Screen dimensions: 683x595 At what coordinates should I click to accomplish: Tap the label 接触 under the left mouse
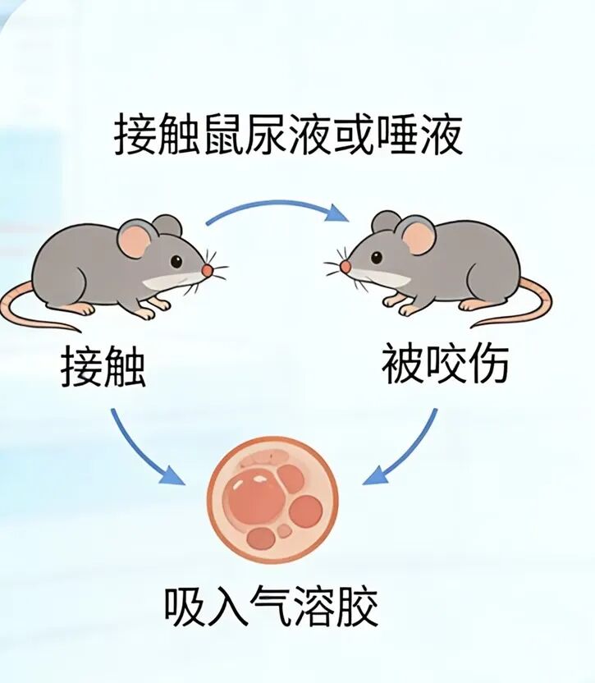click(x=103, y=366)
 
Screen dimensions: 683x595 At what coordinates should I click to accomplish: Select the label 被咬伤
click(x=445, y=364)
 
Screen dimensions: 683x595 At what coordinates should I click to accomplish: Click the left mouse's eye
click(x=176, y=262)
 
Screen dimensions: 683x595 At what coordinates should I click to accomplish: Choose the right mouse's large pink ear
click(x=419, y=237)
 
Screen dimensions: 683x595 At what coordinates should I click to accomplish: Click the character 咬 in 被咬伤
click(x=444, y=364)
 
